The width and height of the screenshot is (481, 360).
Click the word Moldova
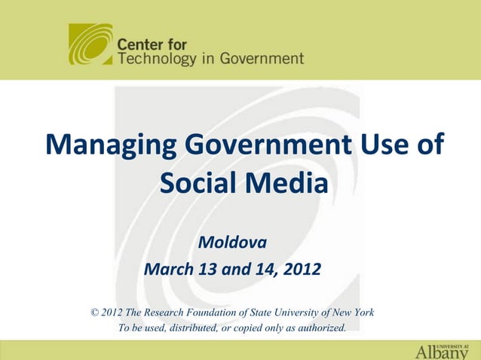tap(231, 244)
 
